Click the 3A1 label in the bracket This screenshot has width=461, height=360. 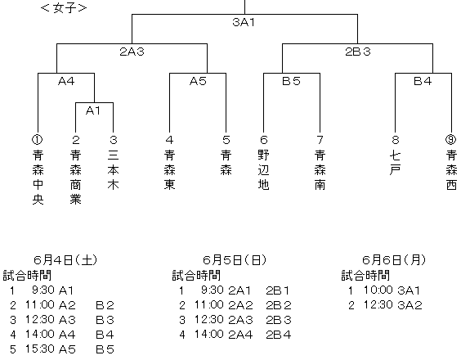coord(244,22)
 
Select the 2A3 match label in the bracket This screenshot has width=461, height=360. coord(132,52)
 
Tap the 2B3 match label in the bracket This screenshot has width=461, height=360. coord(358,52)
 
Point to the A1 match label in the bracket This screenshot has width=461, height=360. coord(93,110)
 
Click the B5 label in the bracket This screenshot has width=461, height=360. coord(291,81)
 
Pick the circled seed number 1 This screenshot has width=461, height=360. coord(38,140)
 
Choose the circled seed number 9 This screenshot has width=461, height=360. coord(451,140)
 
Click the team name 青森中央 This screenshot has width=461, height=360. coord(38,177)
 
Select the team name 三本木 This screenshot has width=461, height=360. coord(113,170)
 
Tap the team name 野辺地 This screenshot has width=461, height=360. coord(264,170)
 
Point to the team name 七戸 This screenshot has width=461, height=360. coord(396,163)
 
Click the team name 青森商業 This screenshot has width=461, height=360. coord(75,177)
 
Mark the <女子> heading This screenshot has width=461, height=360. coord(64,8)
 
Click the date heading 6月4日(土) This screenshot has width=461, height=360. coord(65,260)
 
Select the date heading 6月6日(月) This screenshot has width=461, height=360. coord(394,260)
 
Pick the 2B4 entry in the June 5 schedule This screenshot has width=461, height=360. coord(279,335)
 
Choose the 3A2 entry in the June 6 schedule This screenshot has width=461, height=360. coord(410,305)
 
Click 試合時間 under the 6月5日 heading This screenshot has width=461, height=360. coord(196,276)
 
